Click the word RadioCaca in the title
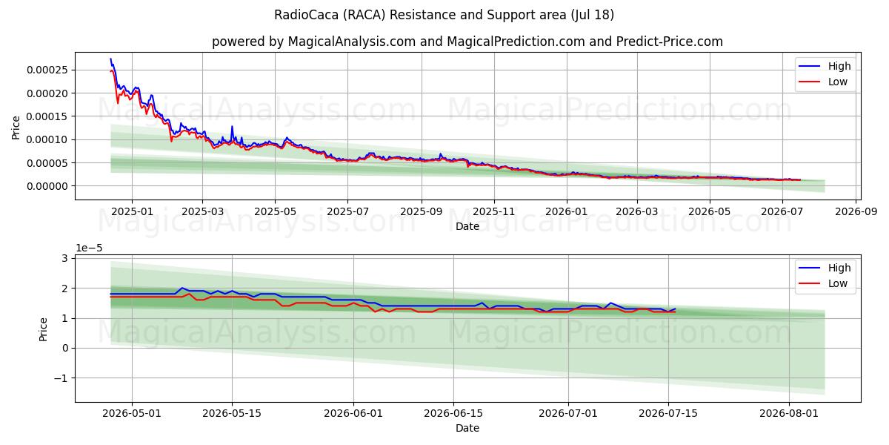(x=307, y=15)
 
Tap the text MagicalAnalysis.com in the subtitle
(x=352, y=42)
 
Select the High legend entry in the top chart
(x=825, y=66)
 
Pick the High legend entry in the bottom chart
(x=825, y=268)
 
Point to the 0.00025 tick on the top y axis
(x=47, y=70)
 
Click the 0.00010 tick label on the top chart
(x=47, y=139)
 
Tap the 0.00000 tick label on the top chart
(x=47, y=186)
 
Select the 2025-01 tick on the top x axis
(x=132, y=211)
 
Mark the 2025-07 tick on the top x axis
(x=347, y=211)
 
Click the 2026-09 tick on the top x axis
(x=856, y=211)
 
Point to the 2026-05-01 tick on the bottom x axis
(x=132, y=413)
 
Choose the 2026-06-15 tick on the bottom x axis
(x=453, y=413)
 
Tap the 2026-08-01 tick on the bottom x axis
(x=788, y=413)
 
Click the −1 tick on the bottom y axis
(x=61, y=378)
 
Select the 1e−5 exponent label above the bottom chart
(x=89, y=248)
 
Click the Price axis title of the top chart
(x=16, y=128)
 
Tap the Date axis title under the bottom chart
(x=467, y=428)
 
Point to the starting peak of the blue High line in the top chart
(x=110, y=59)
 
